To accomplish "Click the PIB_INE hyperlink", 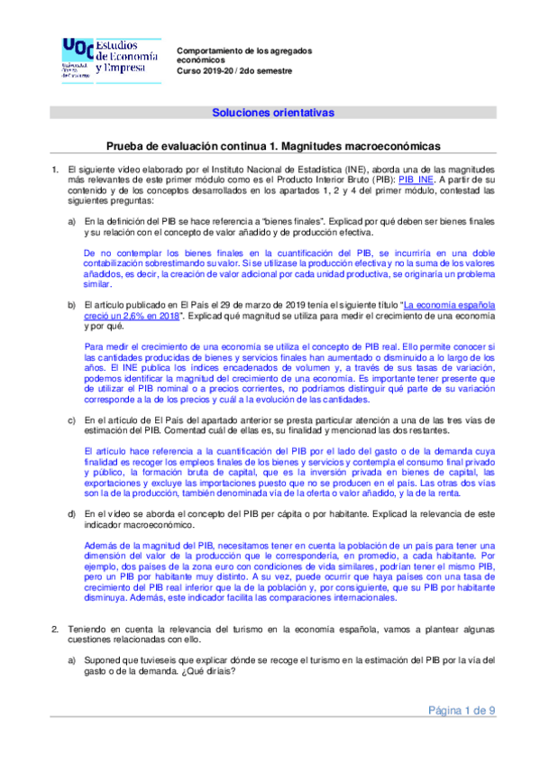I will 416,180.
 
